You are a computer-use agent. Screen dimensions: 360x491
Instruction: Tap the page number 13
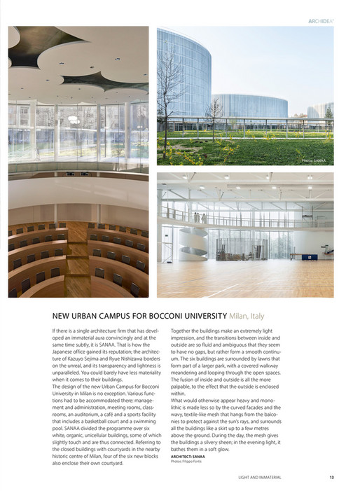tap(331, 478)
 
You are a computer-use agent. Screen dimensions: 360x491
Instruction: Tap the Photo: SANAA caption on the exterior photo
tap(314, 160)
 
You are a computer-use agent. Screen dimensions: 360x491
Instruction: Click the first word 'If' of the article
tap(54, 330)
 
